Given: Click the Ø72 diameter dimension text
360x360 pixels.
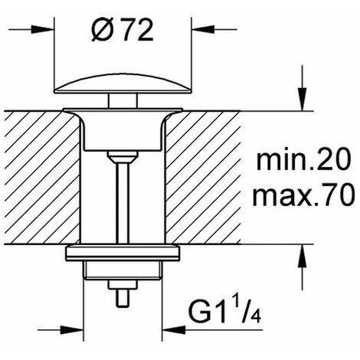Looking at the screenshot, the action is click(x=123, y=30).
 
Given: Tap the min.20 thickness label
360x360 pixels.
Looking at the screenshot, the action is click(x=303, y=160).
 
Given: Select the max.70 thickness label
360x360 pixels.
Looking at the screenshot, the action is click(x=304, y=195).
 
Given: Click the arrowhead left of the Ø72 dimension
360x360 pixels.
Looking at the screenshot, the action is click(x=43, y=29).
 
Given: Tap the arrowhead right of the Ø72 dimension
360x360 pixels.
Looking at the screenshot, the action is click(x=203, y=29).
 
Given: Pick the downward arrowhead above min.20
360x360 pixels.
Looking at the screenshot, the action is click(x=303, y=100).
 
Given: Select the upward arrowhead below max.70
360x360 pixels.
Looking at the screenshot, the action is click(x=303, y=256).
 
